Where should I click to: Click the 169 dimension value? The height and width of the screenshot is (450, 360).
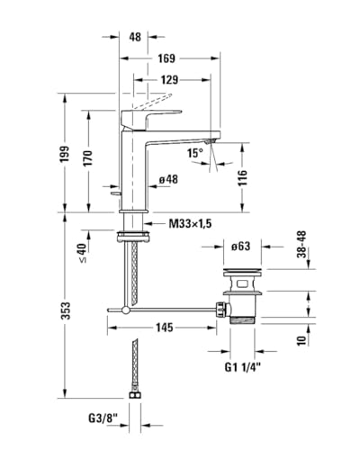pyautogui.click(x=166, y=58)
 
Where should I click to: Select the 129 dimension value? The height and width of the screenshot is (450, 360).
pyautogui.click(x=169, y=80)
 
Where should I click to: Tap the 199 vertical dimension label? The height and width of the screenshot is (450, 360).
pyautogui.click(x=65, y=154)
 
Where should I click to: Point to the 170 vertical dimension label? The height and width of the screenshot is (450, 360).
pyautogui.click(x=88, y=157)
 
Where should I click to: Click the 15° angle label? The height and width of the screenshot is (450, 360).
pyautogui.click(x=195, y=153)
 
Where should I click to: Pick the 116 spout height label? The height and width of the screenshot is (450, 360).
pyautogui.click(x=242, y=177)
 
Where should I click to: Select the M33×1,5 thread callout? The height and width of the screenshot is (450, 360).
pyautogui.click(x=190, y=223)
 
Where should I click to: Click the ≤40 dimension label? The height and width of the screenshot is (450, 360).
pyautogui.click(x=83, y=253)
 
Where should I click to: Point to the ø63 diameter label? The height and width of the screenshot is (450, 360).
pyautogui.click(x=240, y=247)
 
